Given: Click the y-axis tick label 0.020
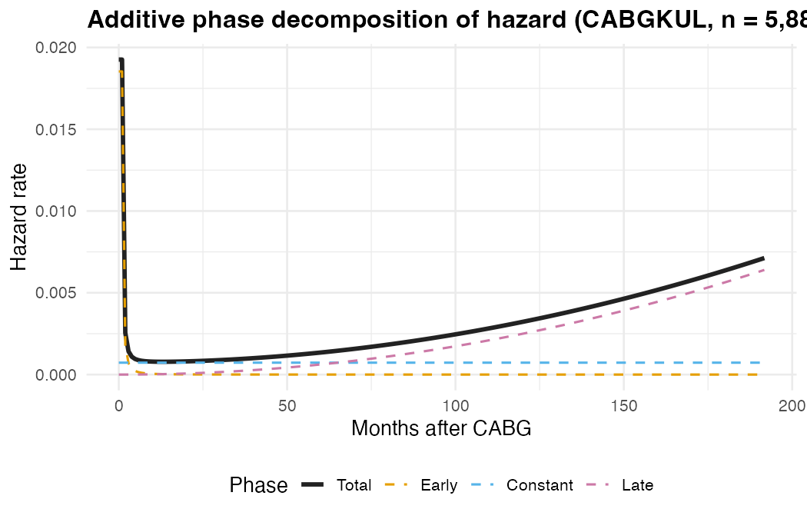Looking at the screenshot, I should click(x=55, y=48).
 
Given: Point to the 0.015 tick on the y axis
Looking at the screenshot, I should click(x=55, y=129).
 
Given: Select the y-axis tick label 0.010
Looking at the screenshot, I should click(x=55, y=211).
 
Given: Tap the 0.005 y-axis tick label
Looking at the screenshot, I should click(x=55, y=293).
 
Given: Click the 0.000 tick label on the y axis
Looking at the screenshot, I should click(x=55, y=375).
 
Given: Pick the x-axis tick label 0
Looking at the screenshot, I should click(x=118, y=405).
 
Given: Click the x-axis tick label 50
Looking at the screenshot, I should click(x=287, y=405).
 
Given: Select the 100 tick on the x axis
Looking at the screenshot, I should click(x=455, y=405).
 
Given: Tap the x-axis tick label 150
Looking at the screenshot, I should click(x=623, y=405).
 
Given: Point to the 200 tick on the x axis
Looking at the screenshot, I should click(x=792, y=405).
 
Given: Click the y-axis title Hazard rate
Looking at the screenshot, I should click(x=19, y=217).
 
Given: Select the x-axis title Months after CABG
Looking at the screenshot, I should click(x=441, y=429).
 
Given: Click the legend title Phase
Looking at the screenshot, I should click(x=258, y=485).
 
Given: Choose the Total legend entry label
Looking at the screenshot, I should click(x=354, y=486).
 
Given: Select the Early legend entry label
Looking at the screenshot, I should click(x=439, y=486).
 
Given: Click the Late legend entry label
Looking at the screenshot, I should click(x=637, y=486).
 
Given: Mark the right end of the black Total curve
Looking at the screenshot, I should click(x=763, y=258).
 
